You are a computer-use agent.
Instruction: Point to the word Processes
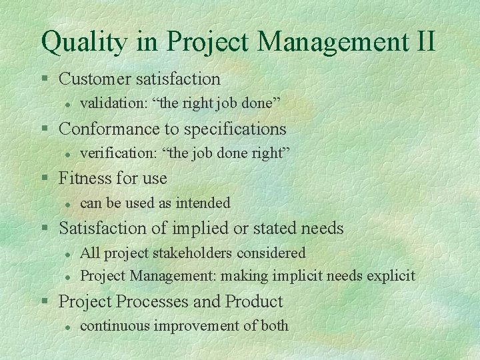(x=153, y=301)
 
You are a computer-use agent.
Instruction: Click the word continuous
(x=110, y=326)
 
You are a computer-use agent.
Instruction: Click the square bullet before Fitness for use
(x=45, y=179)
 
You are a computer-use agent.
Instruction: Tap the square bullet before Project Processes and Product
(x=45, y=302)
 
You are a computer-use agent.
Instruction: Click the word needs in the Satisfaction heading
(x=321, y=228)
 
